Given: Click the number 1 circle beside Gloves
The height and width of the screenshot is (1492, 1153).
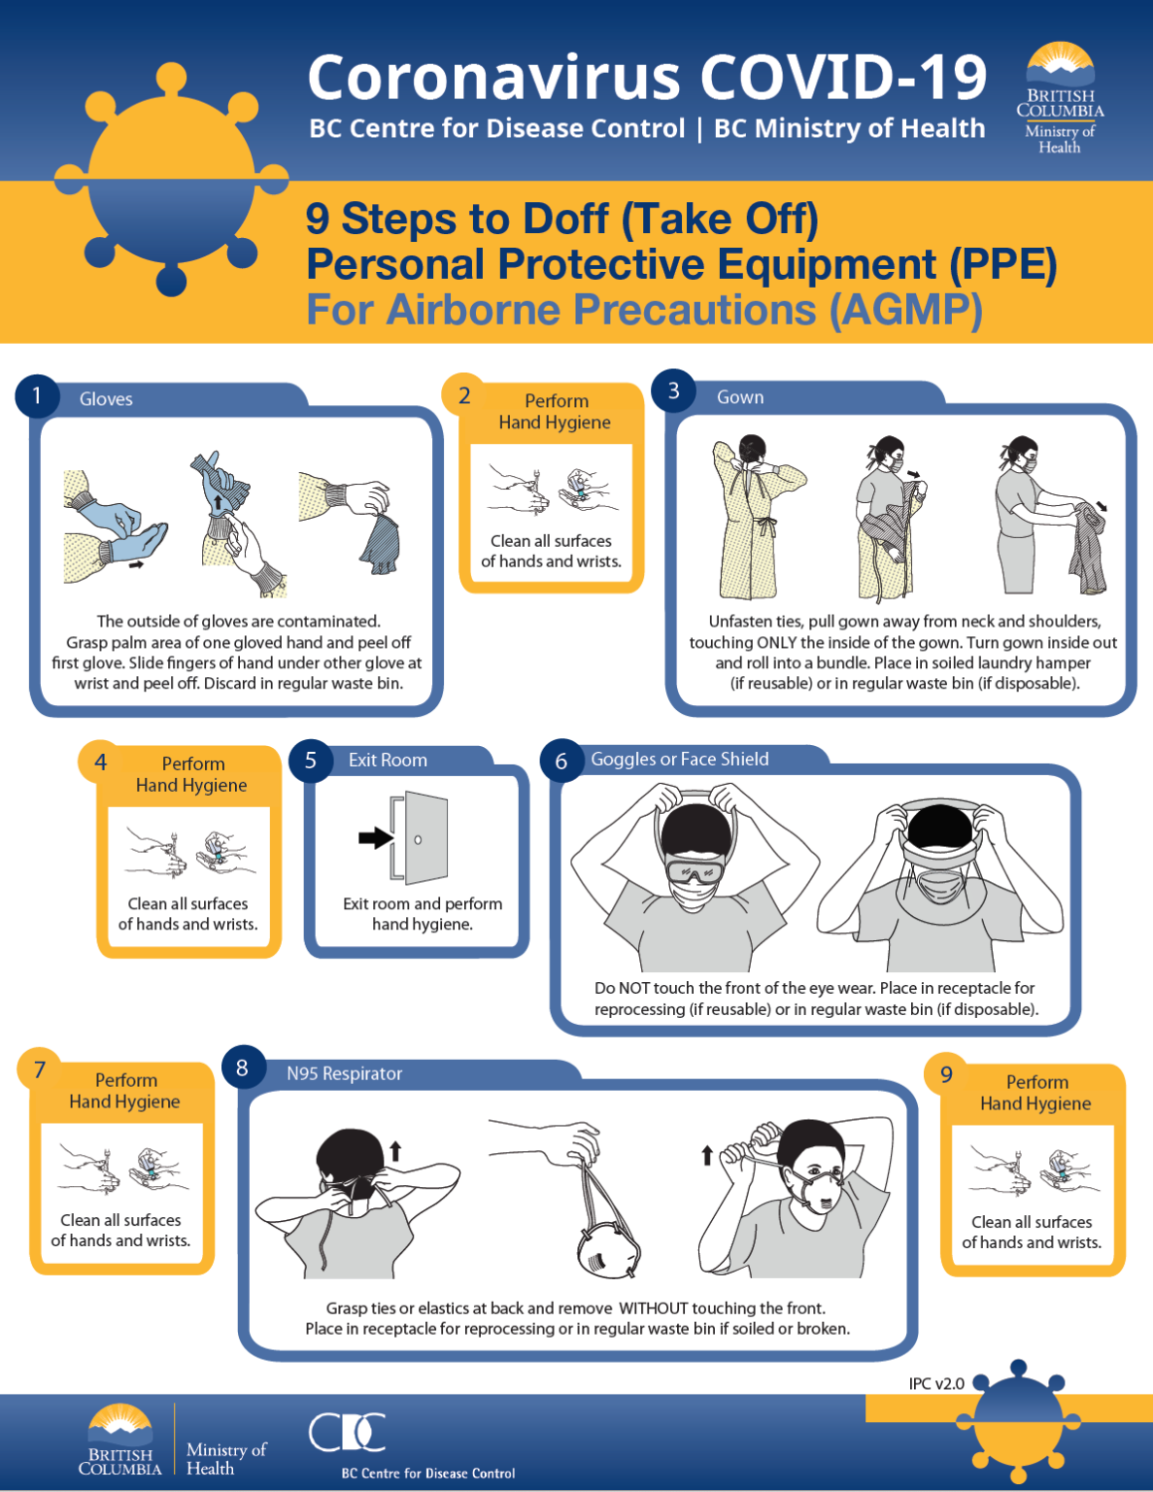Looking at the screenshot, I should (37, 396).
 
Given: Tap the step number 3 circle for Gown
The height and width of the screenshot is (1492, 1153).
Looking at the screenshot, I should (673, 390).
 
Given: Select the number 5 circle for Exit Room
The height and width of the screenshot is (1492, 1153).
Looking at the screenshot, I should (311, 761).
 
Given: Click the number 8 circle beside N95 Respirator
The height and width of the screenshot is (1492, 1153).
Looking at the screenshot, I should (242, 1068).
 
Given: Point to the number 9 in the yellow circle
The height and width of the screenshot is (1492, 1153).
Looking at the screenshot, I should (947, 1074).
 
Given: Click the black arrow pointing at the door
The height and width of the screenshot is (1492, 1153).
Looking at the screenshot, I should (375, 838).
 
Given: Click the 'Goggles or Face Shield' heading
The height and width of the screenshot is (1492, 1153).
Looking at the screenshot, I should (679, 760).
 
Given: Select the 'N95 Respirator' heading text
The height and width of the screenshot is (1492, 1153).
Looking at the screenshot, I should (344, 1073).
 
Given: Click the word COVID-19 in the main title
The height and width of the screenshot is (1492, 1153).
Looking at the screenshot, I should (843, 78).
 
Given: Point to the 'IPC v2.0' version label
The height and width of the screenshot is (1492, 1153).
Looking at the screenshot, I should (936, 1383).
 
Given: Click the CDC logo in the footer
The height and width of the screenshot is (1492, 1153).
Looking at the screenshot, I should (347, 1432).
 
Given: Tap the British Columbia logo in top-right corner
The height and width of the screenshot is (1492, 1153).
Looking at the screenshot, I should (1060, 98).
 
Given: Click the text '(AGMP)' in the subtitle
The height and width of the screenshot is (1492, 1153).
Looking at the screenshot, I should (905, 311).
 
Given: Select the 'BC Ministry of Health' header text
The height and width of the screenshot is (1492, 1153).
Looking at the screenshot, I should (849, 129).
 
